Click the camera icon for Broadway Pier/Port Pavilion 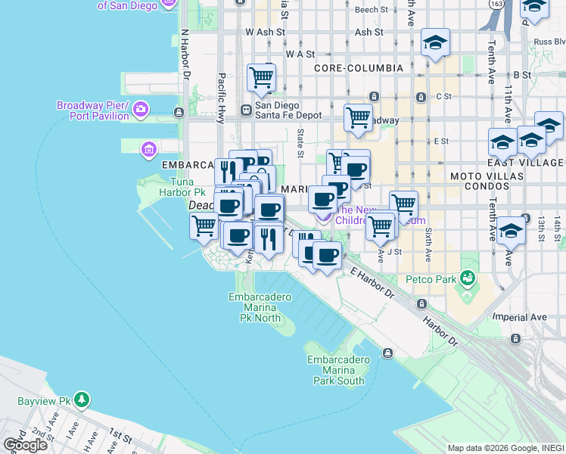pyautogui.click(x=141, y=111)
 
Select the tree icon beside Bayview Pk pyautogui.click(x=82, y=399)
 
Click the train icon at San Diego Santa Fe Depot pyautogui.click(x=246, y=110)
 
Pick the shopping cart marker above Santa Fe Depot pyautogui.click(x=261, y=76)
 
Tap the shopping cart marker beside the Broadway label pyautogui.click(x=358, y=117)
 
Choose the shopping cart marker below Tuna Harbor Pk pyautogui.click(x=204, y=225)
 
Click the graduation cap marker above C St pyautogui.click(x=435, y=42)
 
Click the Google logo pyautogui.click(x=25, y=445)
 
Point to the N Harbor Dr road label pyautogui.click(x=185, y=56)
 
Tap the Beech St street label pyautogui.click(x=371, y=10)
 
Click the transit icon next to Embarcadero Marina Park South pyautogui.click(x=387, y=353)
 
